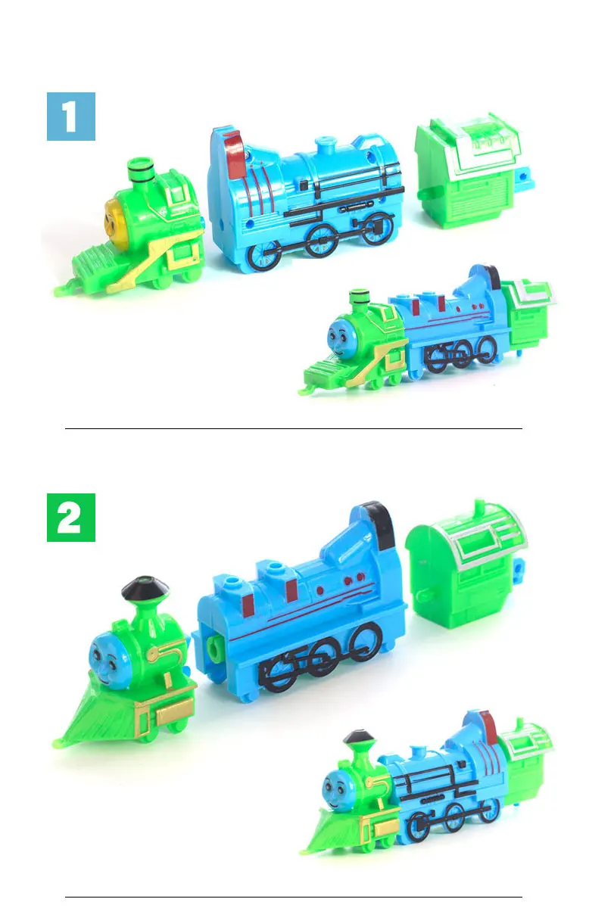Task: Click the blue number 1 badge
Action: tap(71, 117)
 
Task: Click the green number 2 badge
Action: tap(71, 518)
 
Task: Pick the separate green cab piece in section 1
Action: tap(475, 170)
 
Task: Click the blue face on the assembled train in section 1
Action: tap(339, 334)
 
